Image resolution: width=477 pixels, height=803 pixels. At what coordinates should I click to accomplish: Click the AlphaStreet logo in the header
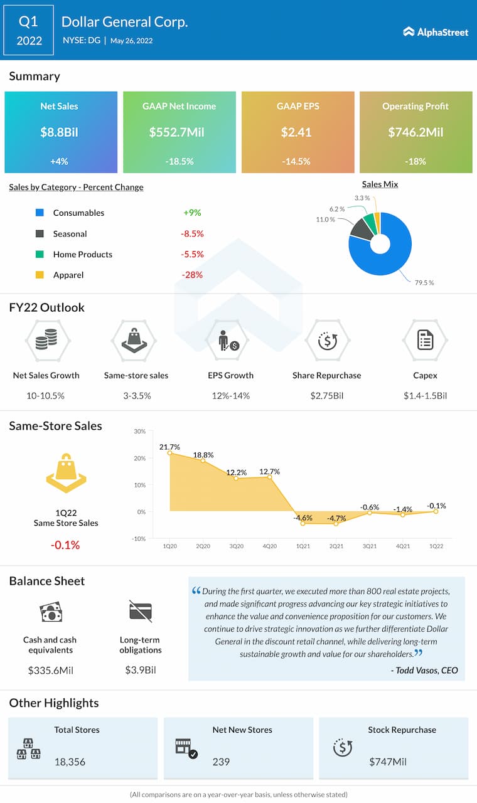tap(436, 32)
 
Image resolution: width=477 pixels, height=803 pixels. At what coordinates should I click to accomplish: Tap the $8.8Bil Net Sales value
tap(59, 132)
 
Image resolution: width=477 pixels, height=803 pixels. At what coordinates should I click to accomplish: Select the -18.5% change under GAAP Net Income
tap(179, 161)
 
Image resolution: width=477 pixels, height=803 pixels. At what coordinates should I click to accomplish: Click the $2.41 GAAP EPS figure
tap(297, 132)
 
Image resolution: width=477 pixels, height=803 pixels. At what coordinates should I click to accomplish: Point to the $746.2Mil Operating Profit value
tap(415, 132)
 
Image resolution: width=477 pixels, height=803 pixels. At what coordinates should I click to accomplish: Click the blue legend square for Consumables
tap(40, 213)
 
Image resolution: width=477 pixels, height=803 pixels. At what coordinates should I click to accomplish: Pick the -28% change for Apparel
tap(192, 275)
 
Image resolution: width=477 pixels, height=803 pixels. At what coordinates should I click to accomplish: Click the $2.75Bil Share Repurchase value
tap(326, 396)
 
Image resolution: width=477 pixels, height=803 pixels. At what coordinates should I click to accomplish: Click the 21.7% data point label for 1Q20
tap(169, 447)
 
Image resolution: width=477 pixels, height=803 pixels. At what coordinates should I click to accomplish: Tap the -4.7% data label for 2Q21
tap(336, 518)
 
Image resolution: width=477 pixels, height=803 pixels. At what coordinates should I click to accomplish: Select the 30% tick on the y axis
tap(139, 432)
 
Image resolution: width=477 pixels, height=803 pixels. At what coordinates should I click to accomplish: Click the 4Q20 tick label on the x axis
tap(270, 546)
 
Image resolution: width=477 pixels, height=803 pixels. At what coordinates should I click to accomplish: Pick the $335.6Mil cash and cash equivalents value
tap(50, 670)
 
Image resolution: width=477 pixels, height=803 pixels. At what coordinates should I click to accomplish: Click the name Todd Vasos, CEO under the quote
tap(424, 670)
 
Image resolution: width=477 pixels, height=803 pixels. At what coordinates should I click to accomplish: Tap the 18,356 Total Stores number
tap(70, 762)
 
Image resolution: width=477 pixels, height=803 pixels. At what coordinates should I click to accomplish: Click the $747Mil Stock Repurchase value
tap(388, 762)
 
